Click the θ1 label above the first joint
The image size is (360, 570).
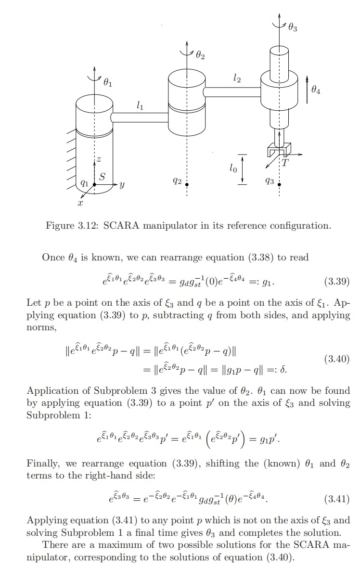[x=108, y=83]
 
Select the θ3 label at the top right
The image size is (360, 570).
[x=293, y=28]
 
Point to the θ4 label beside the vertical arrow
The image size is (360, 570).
[x=316, y=89]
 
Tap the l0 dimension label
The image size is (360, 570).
[x=233, y=168]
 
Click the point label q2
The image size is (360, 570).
[x=177, y=181]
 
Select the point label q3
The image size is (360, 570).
[x=270, y=181]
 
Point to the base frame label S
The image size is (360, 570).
[x=102, y=177]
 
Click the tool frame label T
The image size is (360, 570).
[x=285, y=163]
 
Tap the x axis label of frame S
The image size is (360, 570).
[x=80, y=203]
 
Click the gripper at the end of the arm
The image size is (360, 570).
[x=279, y=150]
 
